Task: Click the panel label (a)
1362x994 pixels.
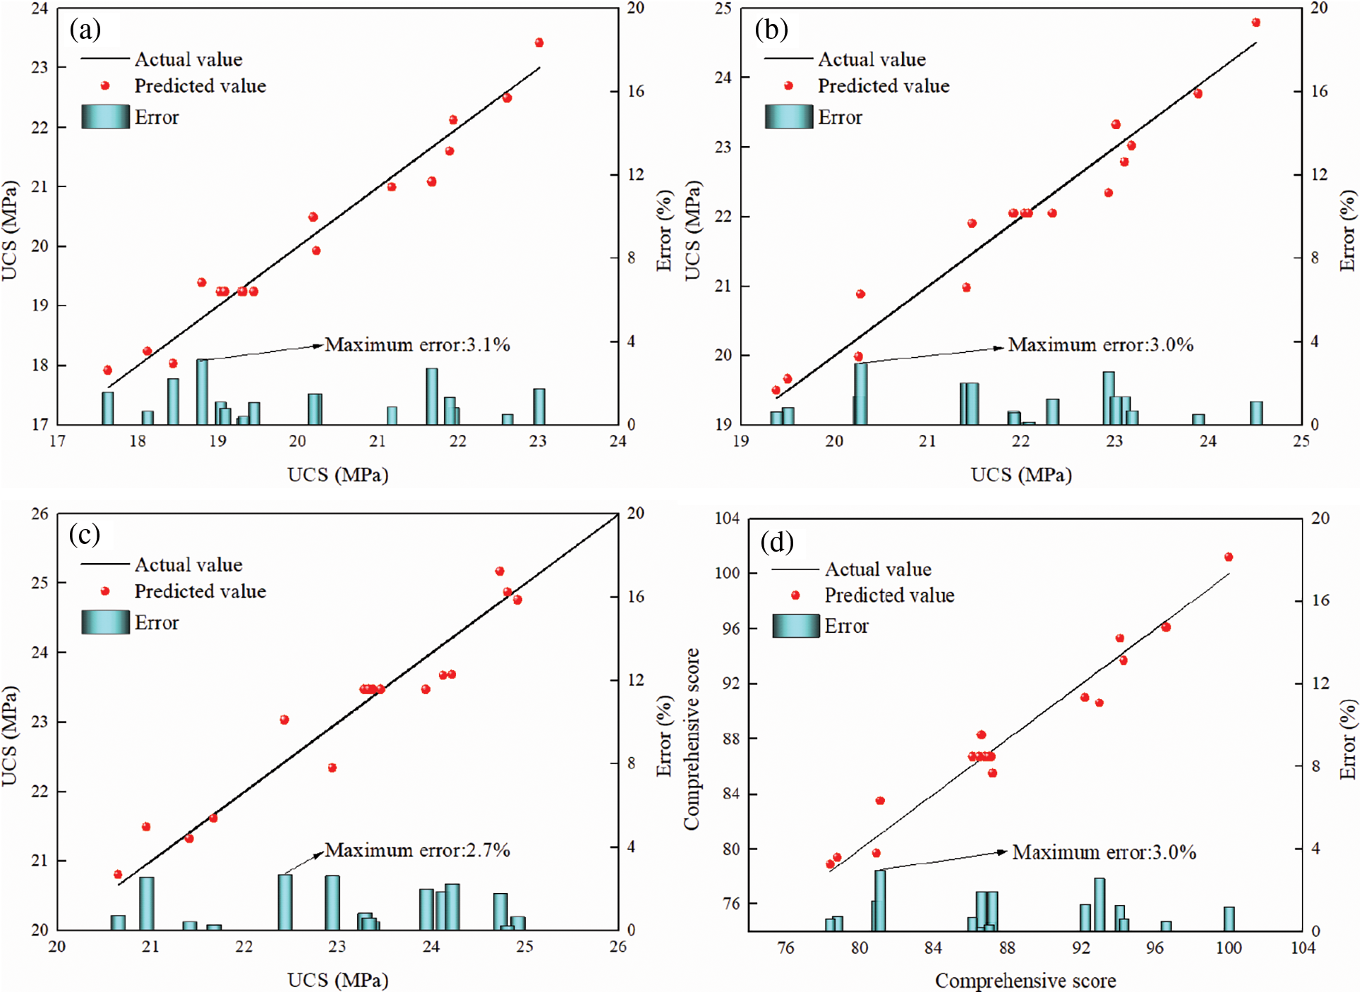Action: coord(85,30)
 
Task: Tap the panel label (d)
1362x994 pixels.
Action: coord(777,542)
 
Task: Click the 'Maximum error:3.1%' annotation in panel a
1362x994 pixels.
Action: coord(417,345)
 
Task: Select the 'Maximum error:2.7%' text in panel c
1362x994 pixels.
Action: coord(417,850)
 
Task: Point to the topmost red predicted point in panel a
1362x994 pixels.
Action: coord(539,43)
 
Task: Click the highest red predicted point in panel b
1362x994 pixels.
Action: coord(1255,23)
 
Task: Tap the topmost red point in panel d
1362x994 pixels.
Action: coord(1228,557)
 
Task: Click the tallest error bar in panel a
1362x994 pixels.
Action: coord(202,392)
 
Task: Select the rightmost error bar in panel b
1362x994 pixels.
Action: coord(1256,413)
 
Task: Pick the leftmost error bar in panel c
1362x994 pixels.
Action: coord(118,922)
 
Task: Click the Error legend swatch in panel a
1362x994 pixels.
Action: coord(105,117)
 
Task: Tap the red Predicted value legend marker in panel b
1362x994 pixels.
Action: coord(788,86)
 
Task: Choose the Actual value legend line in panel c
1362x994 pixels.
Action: coord(105,564)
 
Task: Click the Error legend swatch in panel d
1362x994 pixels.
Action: coord(795,626)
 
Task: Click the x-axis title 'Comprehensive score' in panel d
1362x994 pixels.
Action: coord(1025,981)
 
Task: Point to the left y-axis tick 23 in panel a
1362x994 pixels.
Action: coord(40,68)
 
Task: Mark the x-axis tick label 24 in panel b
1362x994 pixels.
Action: coord(1208,442)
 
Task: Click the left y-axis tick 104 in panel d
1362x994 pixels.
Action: coord(728,519)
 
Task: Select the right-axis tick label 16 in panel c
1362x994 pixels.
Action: coord(636,597)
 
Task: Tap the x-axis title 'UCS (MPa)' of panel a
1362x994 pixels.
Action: coord(338,475)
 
